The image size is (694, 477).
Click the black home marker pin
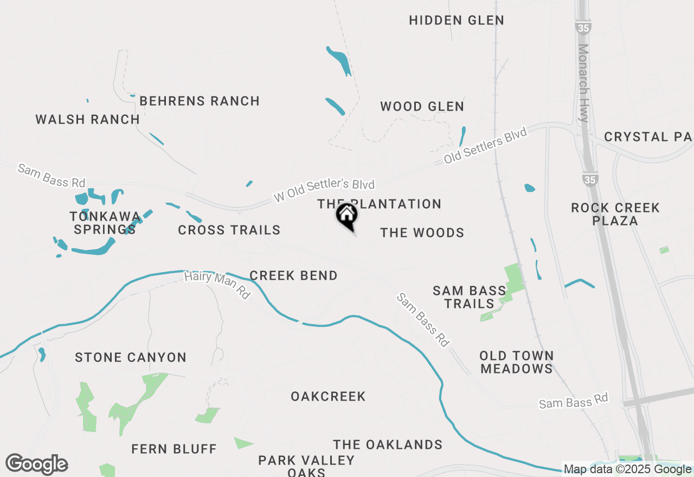(346, 215)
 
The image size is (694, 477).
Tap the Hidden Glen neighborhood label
(457, 21)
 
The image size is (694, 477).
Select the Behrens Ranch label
(200, 101)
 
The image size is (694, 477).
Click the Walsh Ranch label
(88, 119)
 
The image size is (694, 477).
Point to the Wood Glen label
(422, 107)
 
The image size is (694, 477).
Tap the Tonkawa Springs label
(105, 223)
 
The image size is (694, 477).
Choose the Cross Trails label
(229, 230)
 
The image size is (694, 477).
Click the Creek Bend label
(294, 276)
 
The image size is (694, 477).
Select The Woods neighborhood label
(422, 233)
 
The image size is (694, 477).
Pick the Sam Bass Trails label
(470, 297)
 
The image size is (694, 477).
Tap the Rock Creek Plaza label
(615, 214)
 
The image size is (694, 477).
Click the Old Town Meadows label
(517, 362)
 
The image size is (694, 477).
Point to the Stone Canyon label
(131, 358)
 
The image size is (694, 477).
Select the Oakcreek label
(328, 397)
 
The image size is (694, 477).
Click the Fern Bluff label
(174, 449)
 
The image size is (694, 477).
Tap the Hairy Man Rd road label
(217, 285)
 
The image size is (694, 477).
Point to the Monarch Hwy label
(584, 81)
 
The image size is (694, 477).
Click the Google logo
(37, 465)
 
